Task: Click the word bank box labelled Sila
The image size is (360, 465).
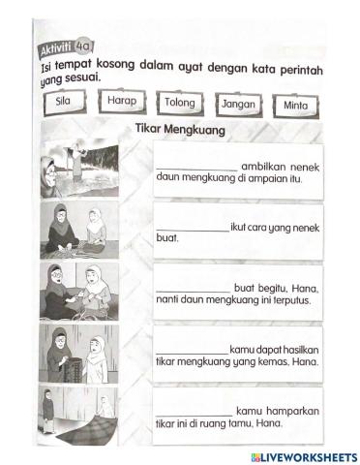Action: tap(65, 100)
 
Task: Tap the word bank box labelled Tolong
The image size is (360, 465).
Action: tap(179, 102)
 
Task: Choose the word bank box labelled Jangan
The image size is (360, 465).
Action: tap(237, 104)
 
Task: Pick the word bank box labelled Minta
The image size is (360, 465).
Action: tap(295, 105)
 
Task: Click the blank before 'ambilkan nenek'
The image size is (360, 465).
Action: tap(195, 166)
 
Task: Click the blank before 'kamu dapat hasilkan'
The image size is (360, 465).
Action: tap(192, 349)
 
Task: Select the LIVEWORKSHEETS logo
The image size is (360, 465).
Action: tap(303, 455)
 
